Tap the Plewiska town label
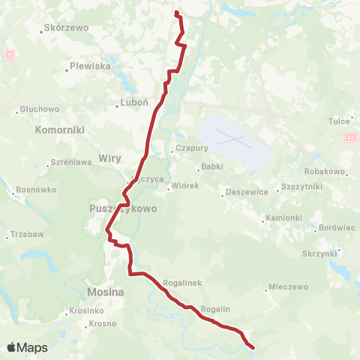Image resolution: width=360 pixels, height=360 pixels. [x=91, y=66]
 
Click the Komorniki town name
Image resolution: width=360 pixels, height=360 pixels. [x=59, y=130]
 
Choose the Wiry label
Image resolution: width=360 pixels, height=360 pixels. [x=109, y=158]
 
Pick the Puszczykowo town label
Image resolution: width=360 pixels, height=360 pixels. [x=122, y=209]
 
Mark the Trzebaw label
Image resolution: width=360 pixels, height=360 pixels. [x=28, y=235]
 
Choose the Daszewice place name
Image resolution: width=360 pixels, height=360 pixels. [x=248, y=193]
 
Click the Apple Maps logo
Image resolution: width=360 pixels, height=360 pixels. [x=28, y=347]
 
